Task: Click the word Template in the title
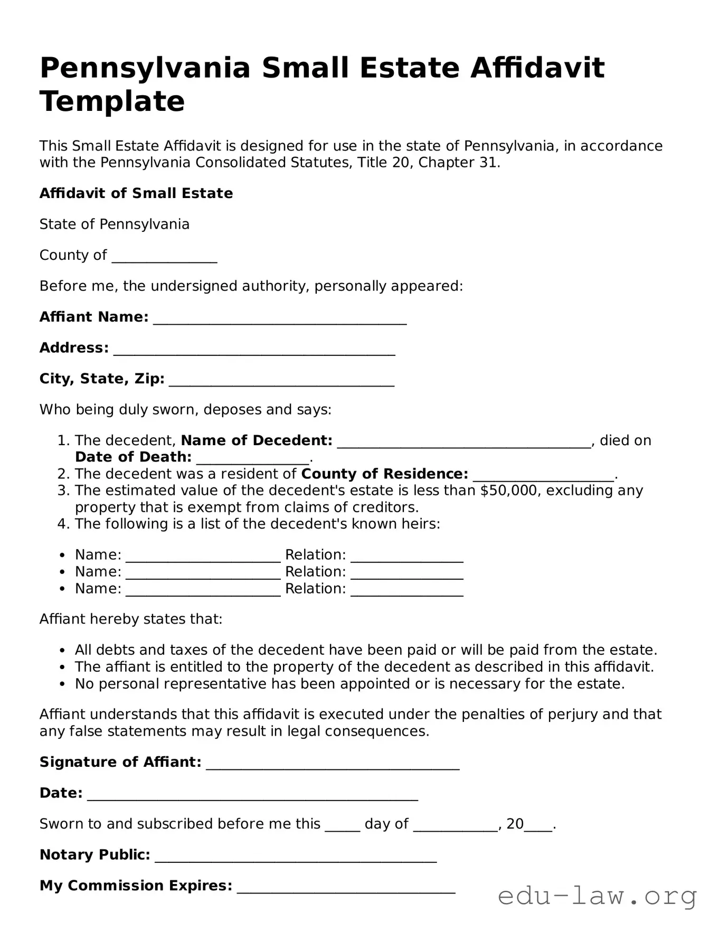[x=112, y=101]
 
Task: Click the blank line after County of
[x=164, y=258]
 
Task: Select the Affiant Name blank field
[x=279, y=319]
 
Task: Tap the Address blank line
[x=254, y=351]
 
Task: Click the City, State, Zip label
[x=102, y=379]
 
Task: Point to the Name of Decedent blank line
[x=463, y=443]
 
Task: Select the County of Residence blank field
[x=543, y=476]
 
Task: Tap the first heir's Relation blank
[x=406, y=558]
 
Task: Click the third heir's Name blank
[x=203, y=591]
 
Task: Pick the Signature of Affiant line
[x=332, y=765]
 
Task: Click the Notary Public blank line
[x=295, y=858]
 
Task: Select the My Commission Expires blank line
[x=346, y=888]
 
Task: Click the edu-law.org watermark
[x=597, y=896]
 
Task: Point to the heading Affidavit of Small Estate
[x=136, y=193]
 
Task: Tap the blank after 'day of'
[x=455, y=827]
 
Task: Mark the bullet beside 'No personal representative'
[x=63, y=684]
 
